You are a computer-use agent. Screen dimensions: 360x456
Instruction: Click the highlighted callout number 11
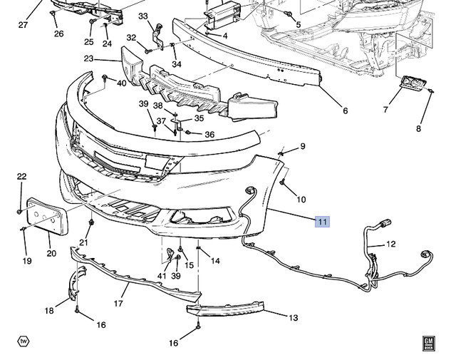click(x=323, y=222)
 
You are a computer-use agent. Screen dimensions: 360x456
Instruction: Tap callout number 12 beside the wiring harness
click(x=391, y=245)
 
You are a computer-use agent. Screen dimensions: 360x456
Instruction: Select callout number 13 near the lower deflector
click(x=293, y=319)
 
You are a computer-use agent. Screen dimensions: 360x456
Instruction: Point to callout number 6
click(x=345, y=110)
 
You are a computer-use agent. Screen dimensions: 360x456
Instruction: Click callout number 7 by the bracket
click(x=385, y=110)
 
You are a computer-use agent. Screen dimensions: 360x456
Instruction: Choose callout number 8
click(x=419, y=128)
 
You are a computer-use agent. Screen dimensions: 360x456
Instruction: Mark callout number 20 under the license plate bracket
click(x=50, y=253)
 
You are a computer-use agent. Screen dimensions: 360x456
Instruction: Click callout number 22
click(x=21, y=177)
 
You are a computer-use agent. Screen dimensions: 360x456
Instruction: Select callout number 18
click(x=49, y=310)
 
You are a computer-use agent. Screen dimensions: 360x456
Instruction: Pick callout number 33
click(x=143, y=16)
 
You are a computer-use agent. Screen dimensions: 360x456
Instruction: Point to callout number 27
click(x=23, y=25)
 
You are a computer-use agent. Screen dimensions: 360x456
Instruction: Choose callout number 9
click(x=302, y=147)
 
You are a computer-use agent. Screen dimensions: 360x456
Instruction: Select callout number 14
click(x=214, y=261)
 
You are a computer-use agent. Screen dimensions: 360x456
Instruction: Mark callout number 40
click(x=122, y=83)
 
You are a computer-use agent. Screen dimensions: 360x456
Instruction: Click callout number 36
click(x=209, y=135)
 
